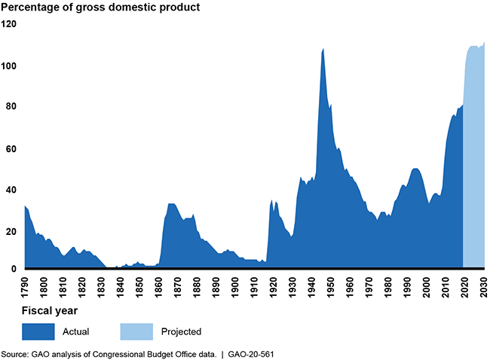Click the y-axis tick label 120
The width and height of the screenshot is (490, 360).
(x=8, y=23)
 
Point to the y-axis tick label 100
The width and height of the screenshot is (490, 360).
(x=8, y=66)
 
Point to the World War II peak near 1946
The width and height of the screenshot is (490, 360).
(x=323, y=50)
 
